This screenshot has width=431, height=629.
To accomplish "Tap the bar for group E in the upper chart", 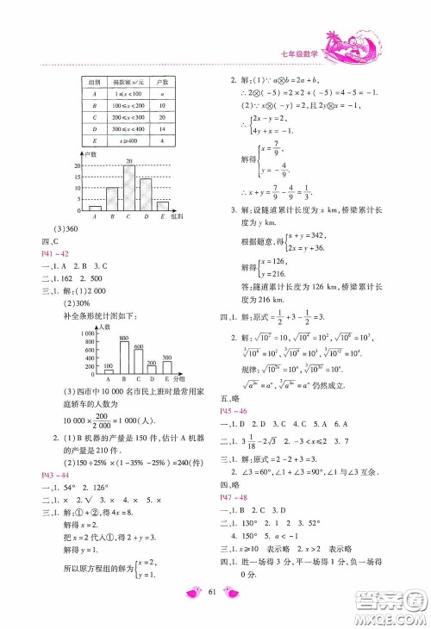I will (163, 205).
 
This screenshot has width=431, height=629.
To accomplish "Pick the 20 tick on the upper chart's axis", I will (77, 166).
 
